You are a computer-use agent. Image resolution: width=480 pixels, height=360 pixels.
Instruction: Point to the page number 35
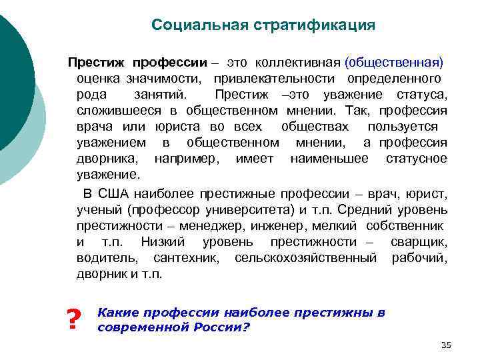coord(446,344)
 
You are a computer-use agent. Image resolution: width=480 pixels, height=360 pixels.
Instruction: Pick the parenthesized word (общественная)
coord(394,63)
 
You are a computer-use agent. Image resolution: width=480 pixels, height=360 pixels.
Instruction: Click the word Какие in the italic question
coord(115,312)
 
